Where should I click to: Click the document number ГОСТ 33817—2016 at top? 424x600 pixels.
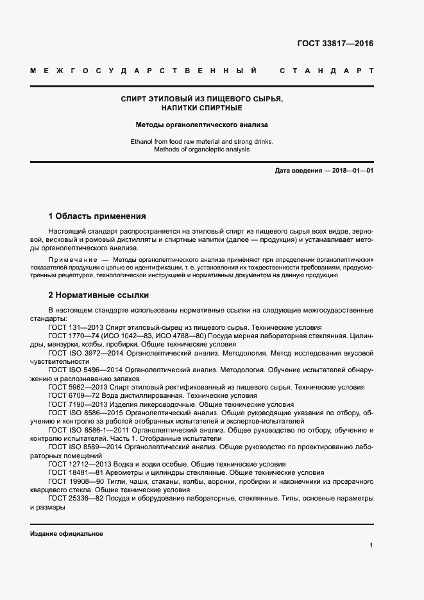tap(335, 44)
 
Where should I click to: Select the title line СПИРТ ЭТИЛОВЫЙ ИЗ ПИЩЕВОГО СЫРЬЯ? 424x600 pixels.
tap(202, 99)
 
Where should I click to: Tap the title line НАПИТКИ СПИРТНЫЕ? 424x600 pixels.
tap(202, 109)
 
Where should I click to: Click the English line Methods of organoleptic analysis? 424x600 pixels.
tap(202, 150)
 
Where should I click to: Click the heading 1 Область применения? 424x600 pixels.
tap(97, 216)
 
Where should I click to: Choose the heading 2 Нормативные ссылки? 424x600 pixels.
tap(99, 295)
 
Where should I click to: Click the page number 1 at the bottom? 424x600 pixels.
tap(371, 545)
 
